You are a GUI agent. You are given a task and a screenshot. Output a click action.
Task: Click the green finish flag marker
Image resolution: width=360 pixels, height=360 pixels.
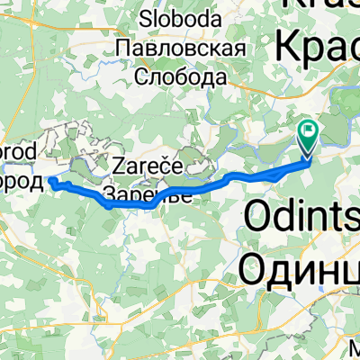(x=308, y=137)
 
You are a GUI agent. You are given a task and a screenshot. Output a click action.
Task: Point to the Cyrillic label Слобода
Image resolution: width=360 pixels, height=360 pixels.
(x=180, y=78)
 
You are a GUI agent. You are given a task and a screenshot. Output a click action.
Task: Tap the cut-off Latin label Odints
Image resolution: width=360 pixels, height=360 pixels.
(x=301, y=220)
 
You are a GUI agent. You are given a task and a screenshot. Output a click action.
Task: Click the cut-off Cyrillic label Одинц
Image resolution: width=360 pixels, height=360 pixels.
(x=301, y=265)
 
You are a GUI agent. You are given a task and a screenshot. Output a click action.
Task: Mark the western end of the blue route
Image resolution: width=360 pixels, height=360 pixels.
(x=51, y=183)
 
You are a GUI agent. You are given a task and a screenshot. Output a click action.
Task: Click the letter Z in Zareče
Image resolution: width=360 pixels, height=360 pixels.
(x=119, y=166)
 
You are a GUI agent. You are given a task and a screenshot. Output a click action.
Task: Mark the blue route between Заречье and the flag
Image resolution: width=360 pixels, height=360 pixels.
(x=243, y=174)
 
